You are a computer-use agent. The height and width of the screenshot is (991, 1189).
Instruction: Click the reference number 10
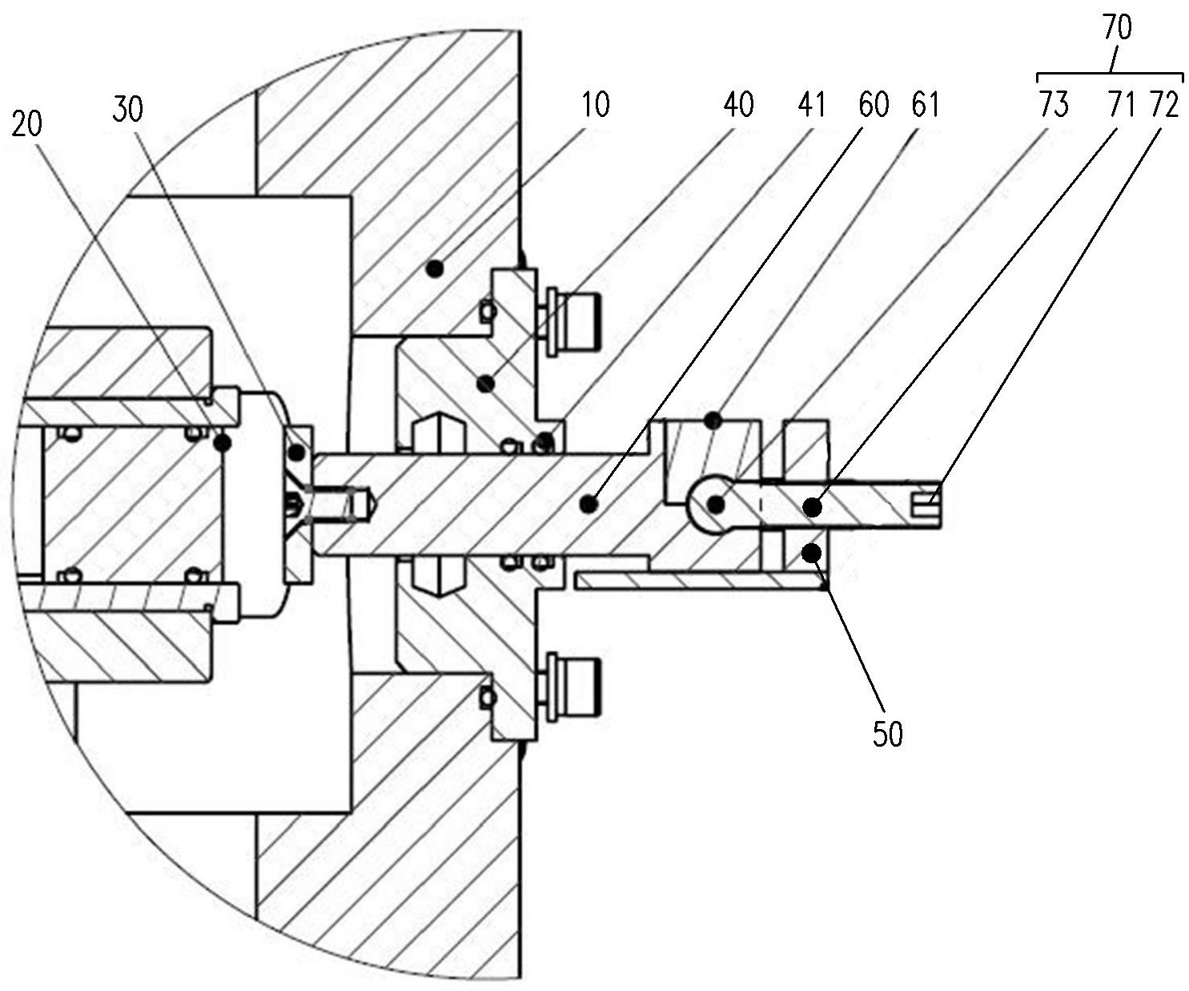click(x=594, y=105)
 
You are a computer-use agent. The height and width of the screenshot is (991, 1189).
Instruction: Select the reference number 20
click(x=28, y=125)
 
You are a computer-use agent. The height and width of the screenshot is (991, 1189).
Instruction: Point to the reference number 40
click(x=737, y=105)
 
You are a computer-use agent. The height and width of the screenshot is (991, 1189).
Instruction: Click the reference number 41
click(x=812, y=105)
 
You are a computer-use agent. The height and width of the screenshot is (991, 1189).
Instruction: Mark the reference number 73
click(x=1054, y=105)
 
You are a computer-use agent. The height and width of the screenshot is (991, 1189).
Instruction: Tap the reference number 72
click(x=1164, y=105)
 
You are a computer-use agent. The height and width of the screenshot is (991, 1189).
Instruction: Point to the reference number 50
click(x=887, y=733)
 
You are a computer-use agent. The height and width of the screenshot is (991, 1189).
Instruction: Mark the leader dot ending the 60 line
click(x=589, y=503)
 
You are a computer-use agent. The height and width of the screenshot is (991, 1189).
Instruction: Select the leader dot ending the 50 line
click(x=812, y=550)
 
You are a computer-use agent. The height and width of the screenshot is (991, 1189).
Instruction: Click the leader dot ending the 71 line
click(x=812, y=506)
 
